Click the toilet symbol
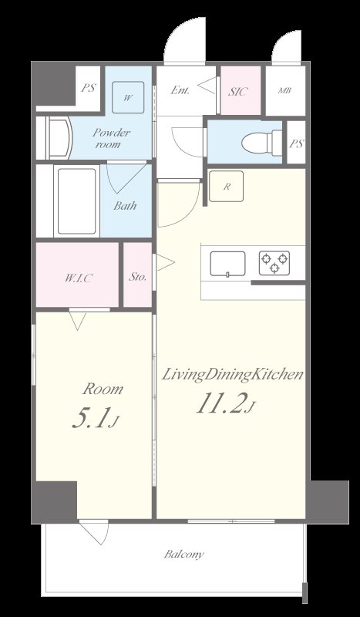[261, 143]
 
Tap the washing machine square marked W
[128, 97]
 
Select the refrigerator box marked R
[226, 186]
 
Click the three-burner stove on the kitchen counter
[274, 263]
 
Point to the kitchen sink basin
[227, 264]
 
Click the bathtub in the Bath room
[77, 201]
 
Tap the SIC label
[238, 92]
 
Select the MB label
[284, 90]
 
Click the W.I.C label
[78, 278]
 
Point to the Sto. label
[138, 277]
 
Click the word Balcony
[184, 555]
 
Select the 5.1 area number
[95, 419]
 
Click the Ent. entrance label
[180, 90]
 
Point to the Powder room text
[111, 138]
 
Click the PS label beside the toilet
[297, 144]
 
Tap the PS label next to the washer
[88, 88]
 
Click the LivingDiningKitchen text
[233, 374]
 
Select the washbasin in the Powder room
[59, 138]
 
